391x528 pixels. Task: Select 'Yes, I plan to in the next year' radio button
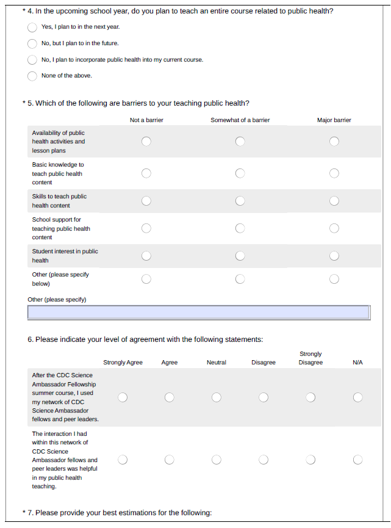click(x=32, y=27)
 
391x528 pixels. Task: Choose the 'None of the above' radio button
click(x=32, y=76)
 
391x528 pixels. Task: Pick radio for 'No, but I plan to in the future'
click(x=32, y=43)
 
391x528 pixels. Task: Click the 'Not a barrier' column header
click(x=146, y=120)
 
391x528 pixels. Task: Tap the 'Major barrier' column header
click(x=334, y=120)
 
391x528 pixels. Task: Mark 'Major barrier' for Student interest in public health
click(x=334, y=256)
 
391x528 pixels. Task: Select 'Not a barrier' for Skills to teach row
click(x=146, y=201)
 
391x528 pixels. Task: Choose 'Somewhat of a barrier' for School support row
click(x=240, y=228)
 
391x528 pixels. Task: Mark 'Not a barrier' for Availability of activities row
click(x=146, y=142)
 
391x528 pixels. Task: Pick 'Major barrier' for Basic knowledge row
click(x=334, y=173)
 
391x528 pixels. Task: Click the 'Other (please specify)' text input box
click(x=198, y=313)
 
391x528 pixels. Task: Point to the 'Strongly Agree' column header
click(x=123, y=363)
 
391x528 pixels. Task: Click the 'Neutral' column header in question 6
click(x=217, y=363)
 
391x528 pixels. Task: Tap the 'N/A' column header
click(x=357, y=363)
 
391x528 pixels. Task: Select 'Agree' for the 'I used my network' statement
click(x=170, y=397)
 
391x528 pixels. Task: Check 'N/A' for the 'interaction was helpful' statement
click(x=357, y=460)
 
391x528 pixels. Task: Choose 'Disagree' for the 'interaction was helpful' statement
click(x=264, y=460)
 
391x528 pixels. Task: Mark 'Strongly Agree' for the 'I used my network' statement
click(x=123, y=397)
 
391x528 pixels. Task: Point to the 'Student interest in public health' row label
click(x=65, y=256)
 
